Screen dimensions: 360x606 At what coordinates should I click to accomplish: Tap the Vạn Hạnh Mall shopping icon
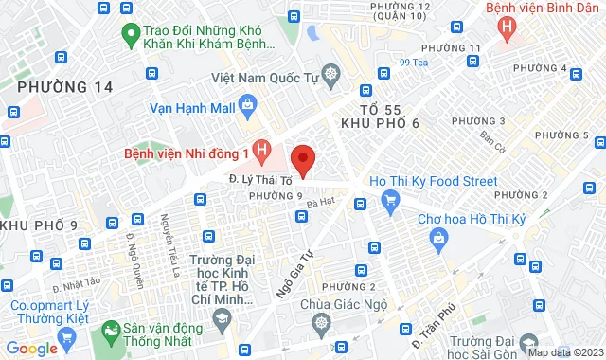pyautogui.click(x=247, y=104)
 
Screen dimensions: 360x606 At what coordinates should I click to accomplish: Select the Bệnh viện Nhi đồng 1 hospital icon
pyautogui.click(x=263, y=150)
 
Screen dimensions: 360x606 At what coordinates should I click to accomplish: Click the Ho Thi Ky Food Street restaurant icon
pyautogui.click(x=388, y=199)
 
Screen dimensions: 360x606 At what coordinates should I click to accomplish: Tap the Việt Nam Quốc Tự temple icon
pyautogui.click(x=330, y=73)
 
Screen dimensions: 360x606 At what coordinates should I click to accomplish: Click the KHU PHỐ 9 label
pyautogui.click(x=39, y=225)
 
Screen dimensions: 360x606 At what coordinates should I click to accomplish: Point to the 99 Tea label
pyautogui.click(x=415, y=63)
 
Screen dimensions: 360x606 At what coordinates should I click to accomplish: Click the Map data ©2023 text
pyautogui.click(x=564, y=352)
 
